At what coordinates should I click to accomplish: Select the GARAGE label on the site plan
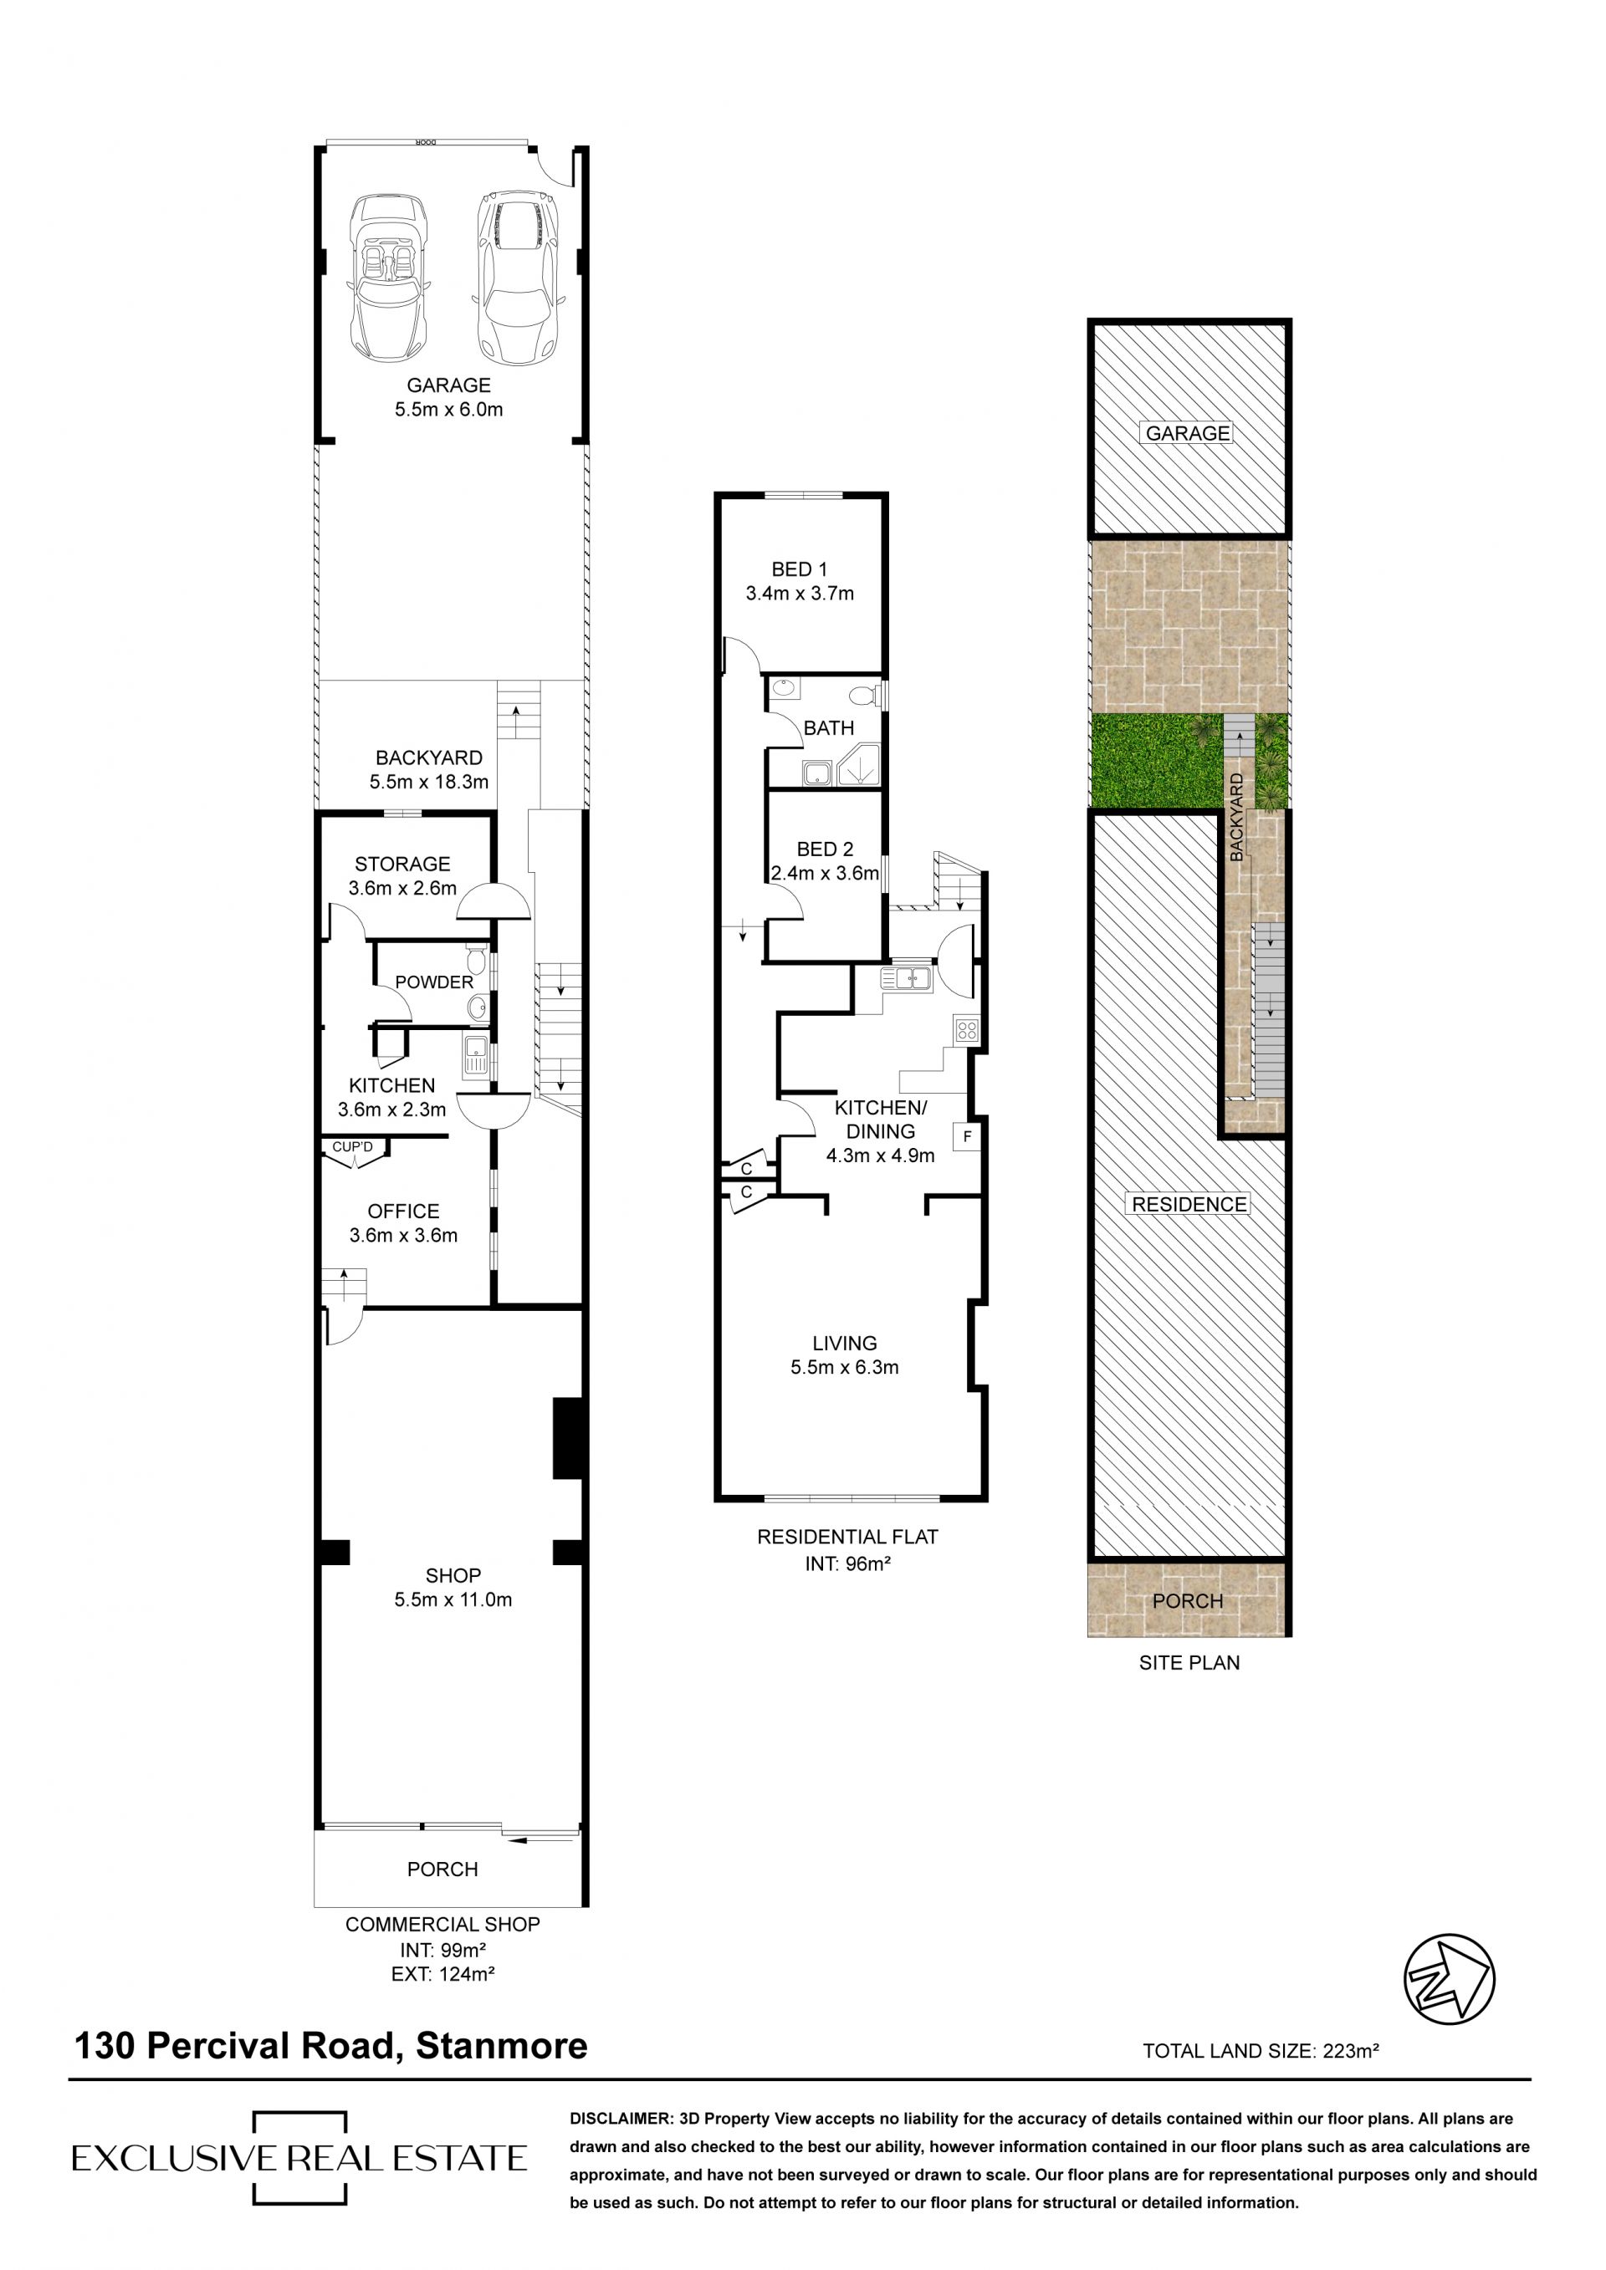(x=1188, y=433)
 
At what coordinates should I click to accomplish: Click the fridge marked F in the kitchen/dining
(x=966, y=1137)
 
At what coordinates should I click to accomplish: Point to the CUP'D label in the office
(x=353, y=1147)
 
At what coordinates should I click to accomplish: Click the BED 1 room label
(x=799, y=569)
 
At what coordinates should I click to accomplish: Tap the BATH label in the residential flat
(x=829, y=728)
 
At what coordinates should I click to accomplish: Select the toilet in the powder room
(x=476, y=959)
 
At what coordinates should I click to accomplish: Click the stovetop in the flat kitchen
(x=966, y=1030)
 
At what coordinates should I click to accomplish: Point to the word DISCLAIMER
(x=620, y=2120)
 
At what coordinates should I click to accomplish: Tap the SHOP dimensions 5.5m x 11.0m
(x=453, y=1599)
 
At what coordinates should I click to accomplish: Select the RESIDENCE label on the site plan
(x=1189, y=1204)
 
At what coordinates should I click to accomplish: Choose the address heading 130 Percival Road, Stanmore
(x=331, y=2046)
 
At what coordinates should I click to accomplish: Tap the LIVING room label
(x=845, y=1344)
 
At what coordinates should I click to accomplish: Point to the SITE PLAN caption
(x=1189, y=1663)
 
